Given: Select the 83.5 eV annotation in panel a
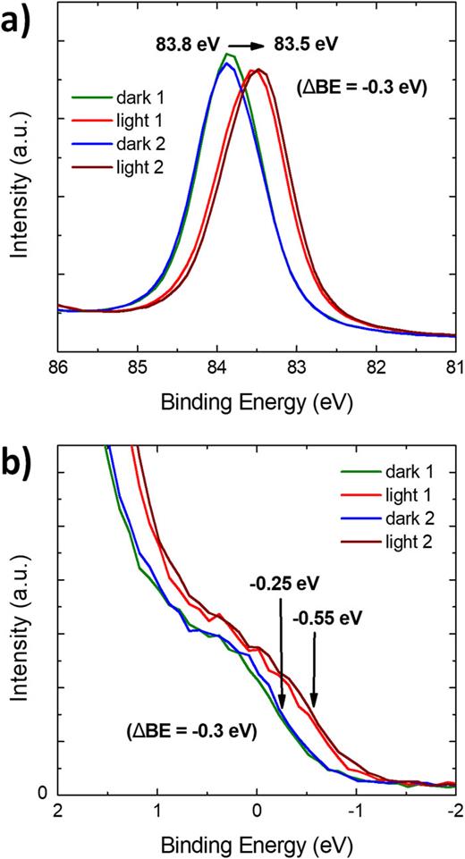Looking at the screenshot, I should click(307, 42).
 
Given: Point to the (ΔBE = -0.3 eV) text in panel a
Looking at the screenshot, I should click(360, 88).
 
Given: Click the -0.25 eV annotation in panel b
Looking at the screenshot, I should click(283, 585).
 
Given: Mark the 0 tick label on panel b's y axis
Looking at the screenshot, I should click(41, 792).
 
